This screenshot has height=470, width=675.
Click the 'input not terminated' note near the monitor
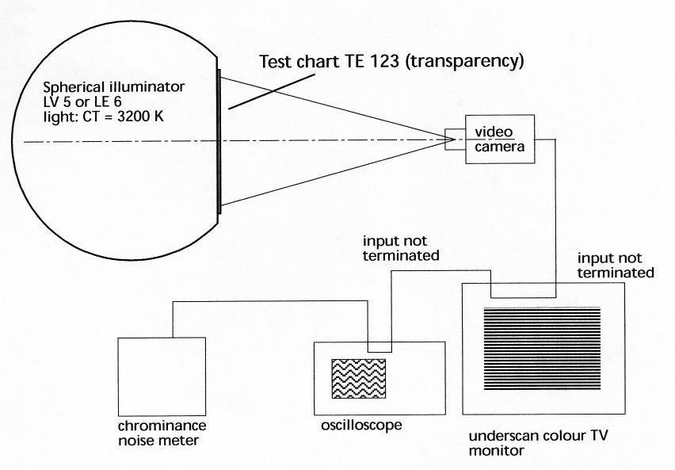pyautogui.click(x=615, y=266)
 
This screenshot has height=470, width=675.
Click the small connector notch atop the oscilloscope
pyautogui.click(x=379, y=346)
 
